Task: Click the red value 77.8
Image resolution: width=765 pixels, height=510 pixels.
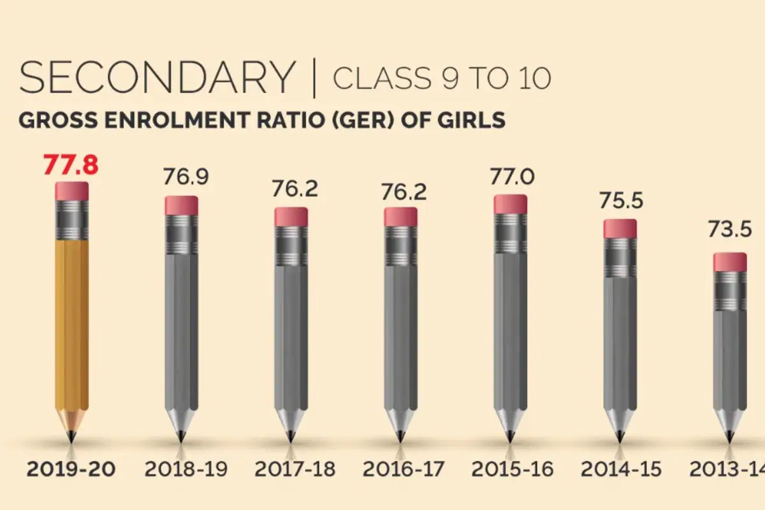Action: pyautogui.click(x=71, y=165)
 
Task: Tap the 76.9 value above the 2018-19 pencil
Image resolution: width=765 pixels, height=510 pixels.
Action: pyautogui.click(x=186, y=177)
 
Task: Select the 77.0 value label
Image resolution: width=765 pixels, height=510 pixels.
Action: pyautogui.click(x=513, y=177)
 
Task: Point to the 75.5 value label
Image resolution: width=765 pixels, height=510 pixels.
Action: pyautogui.click(x=621, y=201)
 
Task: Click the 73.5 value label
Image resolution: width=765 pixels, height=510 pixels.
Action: pyautogui.click(x=730, y=229)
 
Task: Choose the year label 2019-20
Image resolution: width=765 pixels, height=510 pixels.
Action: pyautogui.click(x=71, y=469)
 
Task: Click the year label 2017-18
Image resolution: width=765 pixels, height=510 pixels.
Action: pyautogui.click(x=295, y=469)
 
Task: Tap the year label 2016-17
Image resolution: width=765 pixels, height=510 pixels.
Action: pyautogui.click(x=404, y=469)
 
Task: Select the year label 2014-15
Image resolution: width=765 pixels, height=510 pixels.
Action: pyautogui.click(x=621, y=469)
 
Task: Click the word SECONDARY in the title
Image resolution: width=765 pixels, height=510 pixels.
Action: pyautogui.click(x=157, y=77)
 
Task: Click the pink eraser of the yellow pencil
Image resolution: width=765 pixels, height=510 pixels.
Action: pyautogui.click(x=71, y=191)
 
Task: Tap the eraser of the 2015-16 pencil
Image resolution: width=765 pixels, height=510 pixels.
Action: pyautogui.click(x=510, y=204)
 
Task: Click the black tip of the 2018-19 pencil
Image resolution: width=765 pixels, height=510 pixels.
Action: pyautogui.click(x=181, y=437)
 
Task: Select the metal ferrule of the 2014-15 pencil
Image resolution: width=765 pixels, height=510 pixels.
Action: pyautogui.click(x=620, y=258)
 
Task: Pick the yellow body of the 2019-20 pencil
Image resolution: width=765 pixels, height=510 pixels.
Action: pyautogui.click(x=71, y=324)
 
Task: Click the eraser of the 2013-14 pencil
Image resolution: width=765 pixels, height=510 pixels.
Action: pyautogui.click(x=730, y=263)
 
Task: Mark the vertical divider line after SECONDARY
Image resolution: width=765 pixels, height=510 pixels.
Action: pyautogui.click(x=314, y=78)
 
